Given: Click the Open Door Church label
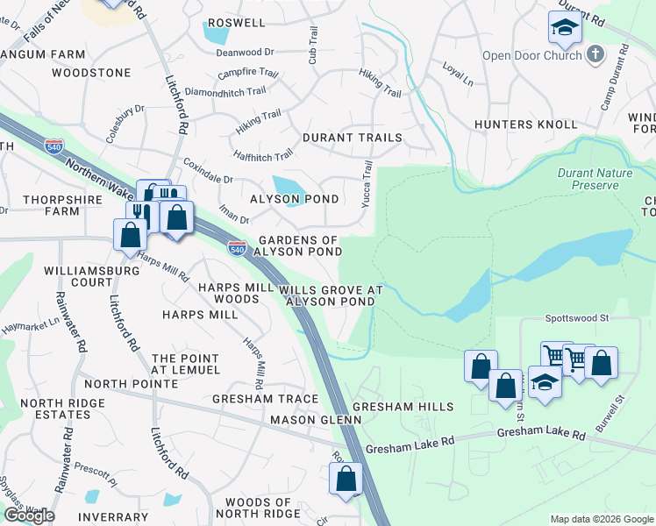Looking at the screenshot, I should coord(531,55).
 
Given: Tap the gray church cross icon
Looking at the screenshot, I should coord(595,55).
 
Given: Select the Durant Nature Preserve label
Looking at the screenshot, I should coord(595,179).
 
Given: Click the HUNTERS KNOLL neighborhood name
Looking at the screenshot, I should coord(517,124).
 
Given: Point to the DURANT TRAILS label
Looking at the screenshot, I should coord(352,138).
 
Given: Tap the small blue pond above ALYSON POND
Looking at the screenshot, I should coord(288,186).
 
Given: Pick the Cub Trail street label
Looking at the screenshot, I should coord(312,44).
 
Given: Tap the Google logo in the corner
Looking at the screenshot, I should coord(29,515).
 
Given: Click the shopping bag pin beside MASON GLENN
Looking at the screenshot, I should coord(346,479).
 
